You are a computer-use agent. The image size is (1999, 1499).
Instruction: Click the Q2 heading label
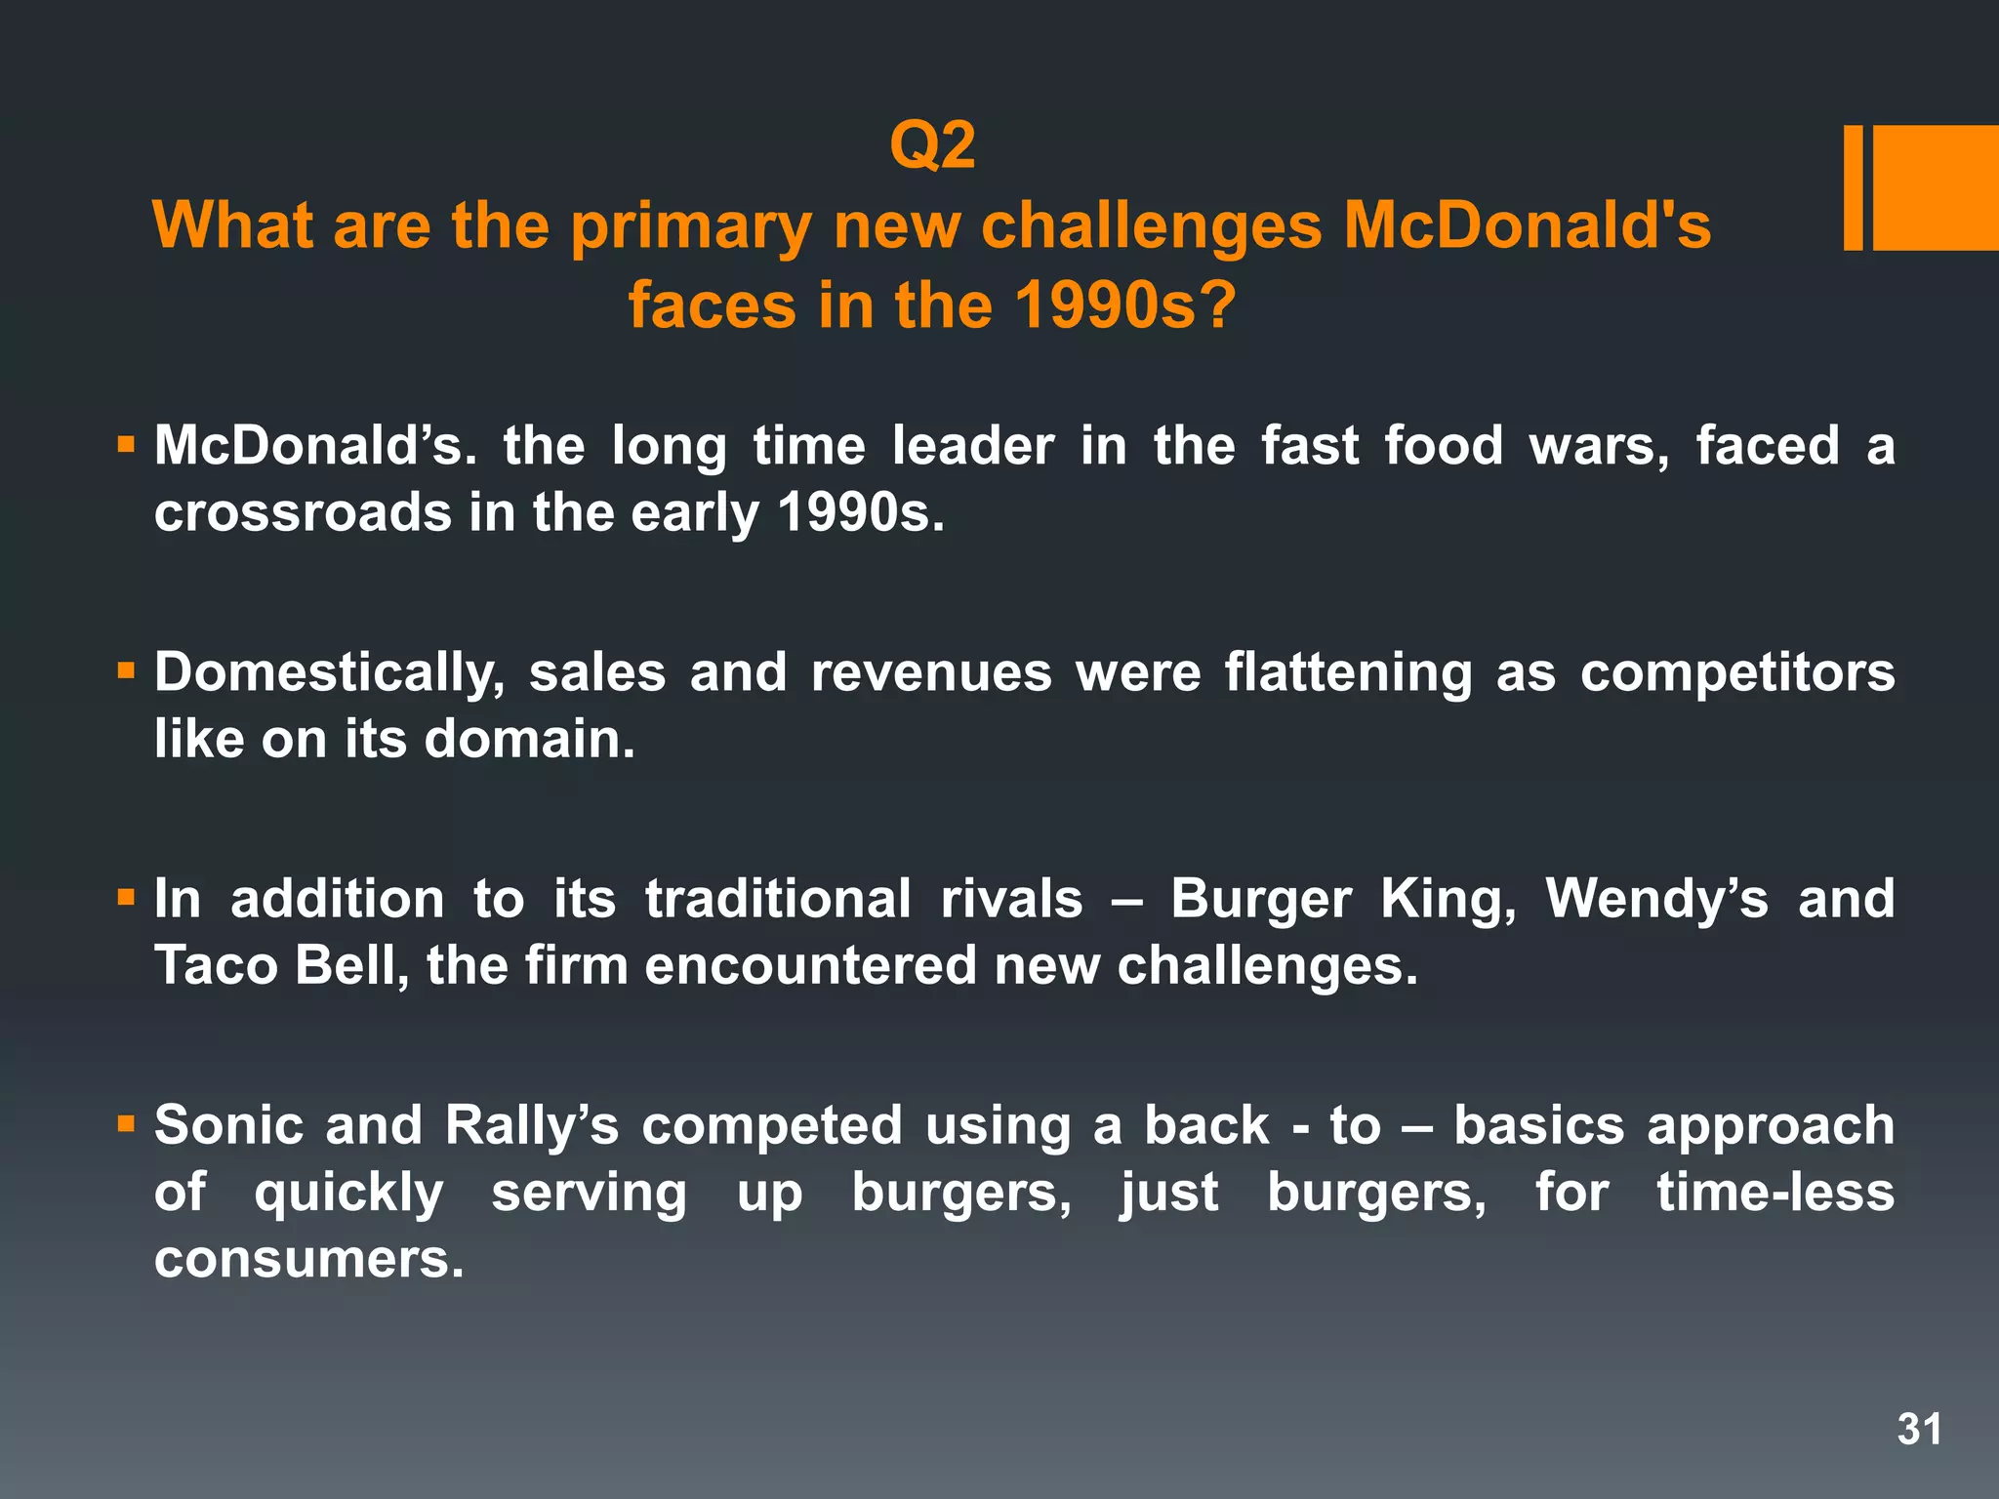pyautogui.click(x=932, y=146)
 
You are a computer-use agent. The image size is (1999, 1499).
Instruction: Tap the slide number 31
pyautogui.click(x=1919, y=1430)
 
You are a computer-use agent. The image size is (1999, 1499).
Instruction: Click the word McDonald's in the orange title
pyautogui.click(x=1527, y=225)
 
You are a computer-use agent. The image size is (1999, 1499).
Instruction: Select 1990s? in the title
pyautogui.click(x=1125, y=305)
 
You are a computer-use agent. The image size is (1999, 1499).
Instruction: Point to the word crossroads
pyautogui.click(x=303, y=512)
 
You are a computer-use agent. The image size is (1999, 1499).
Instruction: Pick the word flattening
pyautogui.click(x=1348, y=672)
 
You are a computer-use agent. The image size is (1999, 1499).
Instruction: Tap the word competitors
pyautogui.click(x=1737, y=672)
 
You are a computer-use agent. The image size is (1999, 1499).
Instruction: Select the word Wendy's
pyautogui.click(x=1656, y=899)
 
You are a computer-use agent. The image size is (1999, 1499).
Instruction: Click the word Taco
pyautogui.click(x=216, y=965)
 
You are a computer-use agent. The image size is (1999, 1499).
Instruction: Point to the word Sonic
pyautogui.click(x=228, y=1125)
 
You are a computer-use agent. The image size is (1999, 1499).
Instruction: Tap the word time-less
pyautogui.click(x=1775, y=1192)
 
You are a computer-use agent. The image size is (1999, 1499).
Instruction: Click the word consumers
pyautogui.click(x=308, y=1258)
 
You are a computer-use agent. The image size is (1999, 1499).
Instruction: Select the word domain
pyautogui.click(x=529, y=739)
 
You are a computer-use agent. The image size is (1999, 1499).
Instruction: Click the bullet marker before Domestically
pyautogui.click(x=125, y=671)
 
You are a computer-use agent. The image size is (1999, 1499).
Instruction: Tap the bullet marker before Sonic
pyautogui.click(x=125, y=1124)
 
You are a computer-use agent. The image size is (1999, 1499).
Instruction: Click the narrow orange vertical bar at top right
pyautogui.click(x=1853, y=188)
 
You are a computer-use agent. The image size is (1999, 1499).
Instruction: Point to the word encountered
pyautogui.click(x=810, y=965)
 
